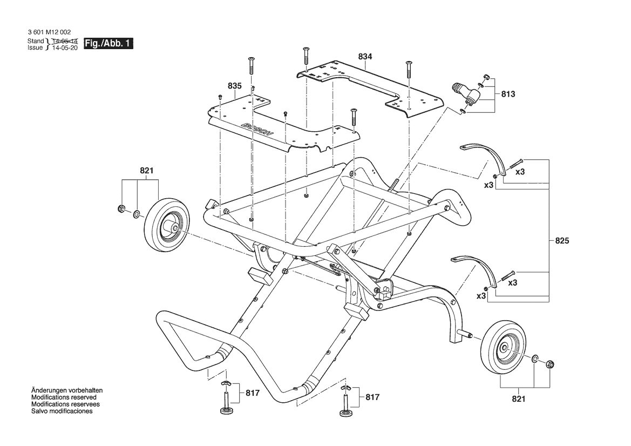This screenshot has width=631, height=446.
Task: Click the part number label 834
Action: coord(365,57)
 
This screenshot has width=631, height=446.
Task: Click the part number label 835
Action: coord(235,86)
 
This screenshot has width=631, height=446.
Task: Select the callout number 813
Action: coord(508,94)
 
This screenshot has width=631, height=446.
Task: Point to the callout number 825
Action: coord(562,241)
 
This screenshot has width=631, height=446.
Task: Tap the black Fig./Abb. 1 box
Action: coord(108,44)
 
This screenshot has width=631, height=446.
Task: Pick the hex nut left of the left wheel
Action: coord(120,208)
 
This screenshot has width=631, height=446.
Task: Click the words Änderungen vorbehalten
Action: coord(67,390)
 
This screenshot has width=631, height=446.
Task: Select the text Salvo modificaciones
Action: coord(62,411)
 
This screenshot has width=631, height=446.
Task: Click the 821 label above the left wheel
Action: coord(146,171)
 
